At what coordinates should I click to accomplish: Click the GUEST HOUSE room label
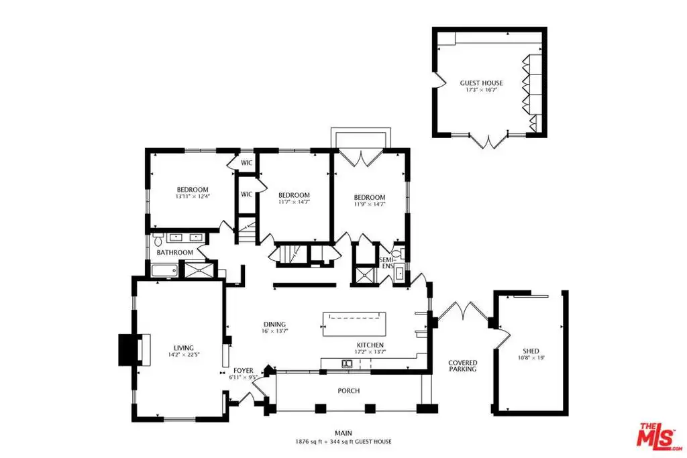point(481,82)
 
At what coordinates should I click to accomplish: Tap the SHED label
point(531,351)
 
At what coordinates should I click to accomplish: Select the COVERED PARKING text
point(463,366)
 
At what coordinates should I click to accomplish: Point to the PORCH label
point(349,390)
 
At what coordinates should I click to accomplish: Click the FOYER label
point(243,370)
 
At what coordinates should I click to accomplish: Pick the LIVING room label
point(184,348)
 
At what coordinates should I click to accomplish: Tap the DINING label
point(274,325)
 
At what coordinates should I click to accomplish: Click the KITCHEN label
point(370,345)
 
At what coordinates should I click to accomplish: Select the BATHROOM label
point(175,252)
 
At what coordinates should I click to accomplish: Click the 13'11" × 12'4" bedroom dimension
point(193,196)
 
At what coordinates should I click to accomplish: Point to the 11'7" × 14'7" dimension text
point(294,202)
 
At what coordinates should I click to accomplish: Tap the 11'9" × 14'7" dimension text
point(370,204)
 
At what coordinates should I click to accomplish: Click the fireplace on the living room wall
point(134,350)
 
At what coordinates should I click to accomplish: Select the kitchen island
point(354,324)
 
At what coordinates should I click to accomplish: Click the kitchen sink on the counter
point(347,363)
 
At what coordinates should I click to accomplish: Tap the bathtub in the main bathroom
point(165,271)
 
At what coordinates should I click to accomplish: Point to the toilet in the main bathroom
point(158,239)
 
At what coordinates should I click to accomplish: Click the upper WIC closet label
point(247,163)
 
